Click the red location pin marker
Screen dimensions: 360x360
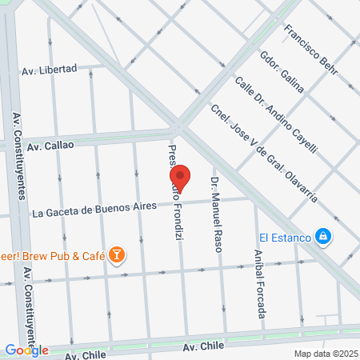181,178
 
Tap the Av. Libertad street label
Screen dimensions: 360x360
49,70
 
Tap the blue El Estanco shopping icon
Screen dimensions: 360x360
322,236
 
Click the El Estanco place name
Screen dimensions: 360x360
282,236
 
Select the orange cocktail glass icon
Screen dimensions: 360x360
117,254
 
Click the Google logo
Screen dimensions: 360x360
26,350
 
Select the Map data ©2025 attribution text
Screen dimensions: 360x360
324,353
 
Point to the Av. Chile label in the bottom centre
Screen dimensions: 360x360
202,346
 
